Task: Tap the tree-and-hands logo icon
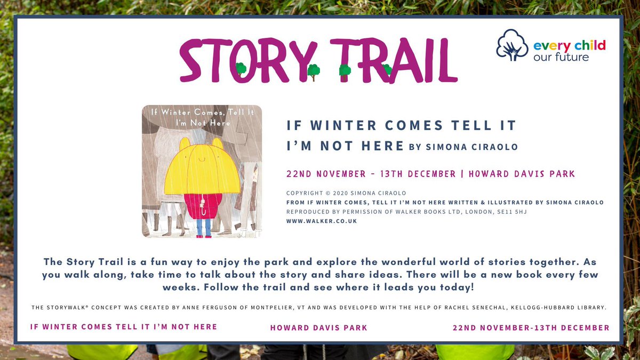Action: click(512, 45)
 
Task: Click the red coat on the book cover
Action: click(202, 205)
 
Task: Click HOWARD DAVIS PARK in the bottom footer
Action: click(319, 327)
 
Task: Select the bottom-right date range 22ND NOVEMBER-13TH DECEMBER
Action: click(531, 327)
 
